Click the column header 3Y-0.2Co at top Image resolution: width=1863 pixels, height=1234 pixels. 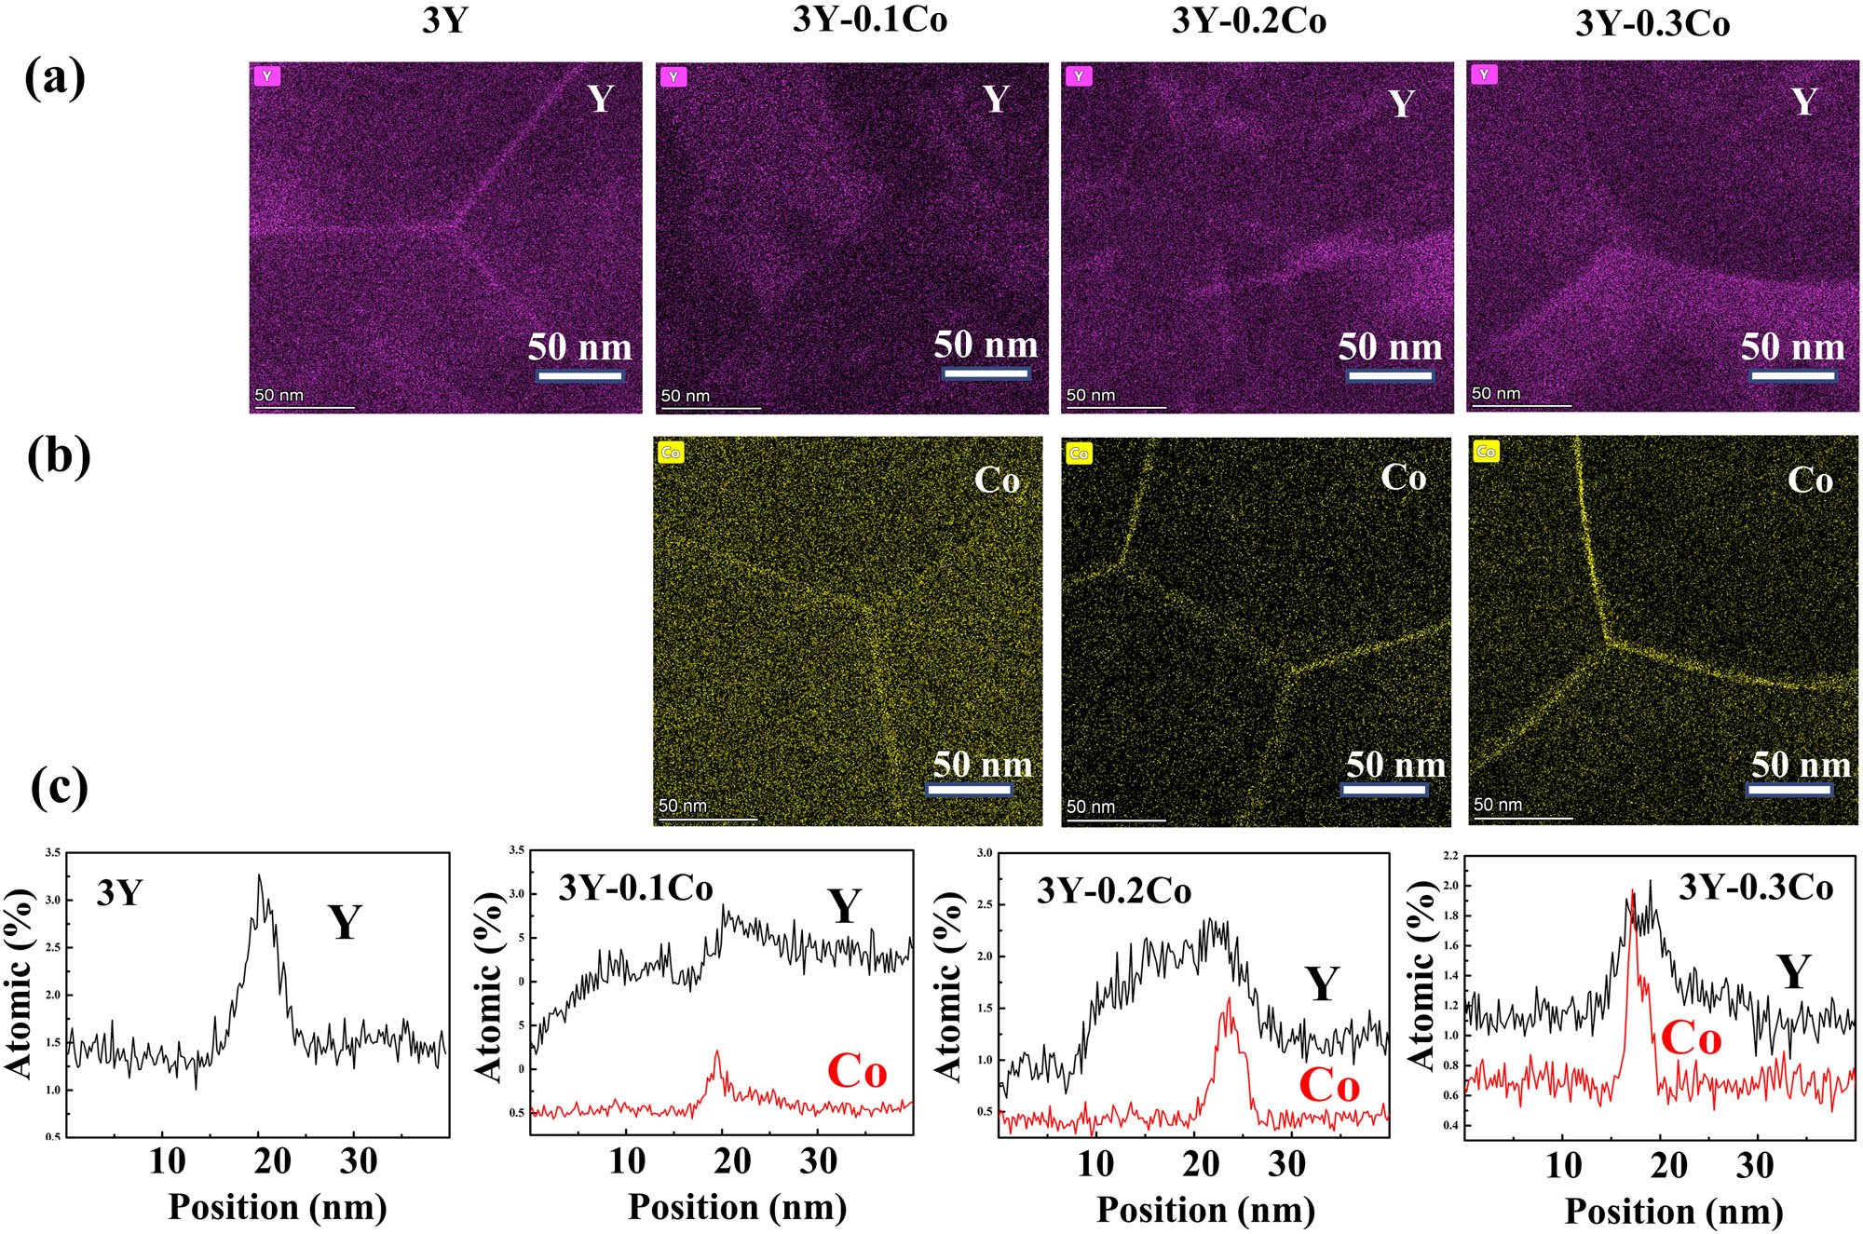1248,20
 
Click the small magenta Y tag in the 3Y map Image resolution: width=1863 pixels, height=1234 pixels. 267,76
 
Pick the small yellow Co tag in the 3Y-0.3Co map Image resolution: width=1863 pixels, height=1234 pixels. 1486,452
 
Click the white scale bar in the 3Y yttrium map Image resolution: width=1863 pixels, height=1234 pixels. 579,376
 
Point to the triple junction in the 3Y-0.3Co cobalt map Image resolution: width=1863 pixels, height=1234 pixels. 1605,641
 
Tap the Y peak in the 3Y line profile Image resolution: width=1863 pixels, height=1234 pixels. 260,876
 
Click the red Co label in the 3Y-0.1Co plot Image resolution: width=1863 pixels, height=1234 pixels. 857,1071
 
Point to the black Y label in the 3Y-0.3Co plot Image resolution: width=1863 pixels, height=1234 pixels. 1793,972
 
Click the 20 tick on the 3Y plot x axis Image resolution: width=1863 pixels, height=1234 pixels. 272,1161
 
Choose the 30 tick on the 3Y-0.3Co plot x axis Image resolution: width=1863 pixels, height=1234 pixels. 1755,1165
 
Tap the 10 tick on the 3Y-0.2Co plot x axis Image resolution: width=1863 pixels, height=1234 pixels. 1095,1164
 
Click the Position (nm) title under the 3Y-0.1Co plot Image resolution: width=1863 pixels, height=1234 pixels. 737,1207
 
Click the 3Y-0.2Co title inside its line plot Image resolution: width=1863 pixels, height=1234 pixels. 1114,891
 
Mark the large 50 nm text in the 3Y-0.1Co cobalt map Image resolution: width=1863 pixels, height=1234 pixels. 983,765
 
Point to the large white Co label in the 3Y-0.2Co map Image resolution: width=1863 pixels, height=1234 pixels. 1403,477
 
